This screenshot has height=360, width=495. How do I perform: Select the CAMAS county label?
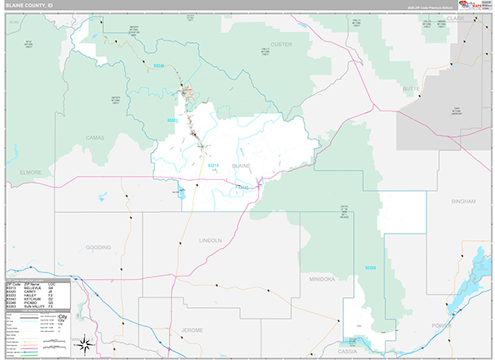(96, 137)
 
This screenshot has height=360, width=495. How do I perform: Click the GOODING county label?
(97, 247)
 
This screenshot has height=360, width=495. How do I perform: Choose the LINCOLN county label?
(210, 240)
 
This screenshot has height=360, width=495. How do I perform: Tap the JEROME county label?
(191, 329)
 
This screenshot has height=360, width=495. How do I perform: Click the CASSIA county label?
(346, 350)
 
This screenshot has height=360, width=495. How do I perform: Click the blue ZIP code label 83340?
(160, 64)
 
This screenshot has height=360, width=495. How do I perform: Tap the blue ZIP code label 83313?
(213, 164)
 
